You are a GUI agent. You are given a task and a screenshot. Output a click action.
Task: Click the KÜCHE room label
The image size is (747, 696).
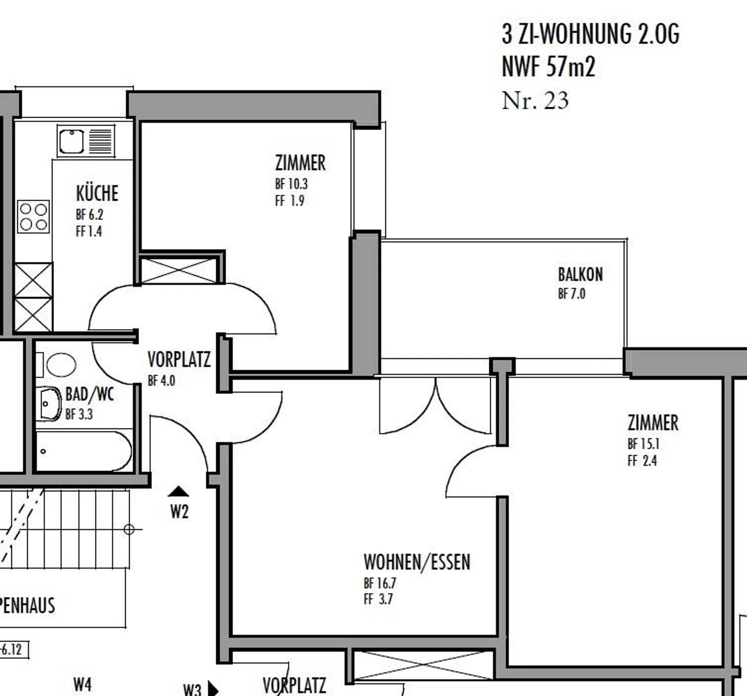tap(97, 193)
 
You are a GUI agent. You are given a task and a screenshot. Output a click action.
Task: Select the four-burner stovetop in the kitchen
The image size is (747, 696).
tap(34, 217)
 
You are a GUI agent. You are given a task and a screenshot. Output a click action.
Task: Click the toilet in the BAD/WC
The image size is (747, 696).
tap(61, 365)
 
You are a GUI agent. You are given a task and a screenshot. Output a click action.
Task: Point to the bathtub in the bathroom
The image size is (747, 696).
tap(83, 451)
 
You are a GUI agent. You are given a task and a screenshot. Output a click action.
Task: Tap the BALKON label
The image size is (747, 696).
tap(580, 274)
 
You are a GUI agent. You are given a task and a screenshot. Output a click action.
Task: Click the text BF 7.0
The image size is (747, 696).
tap(571, 294)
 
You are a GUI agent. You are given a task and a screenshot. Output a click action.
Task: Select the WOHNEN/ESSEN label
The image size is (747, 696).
tap(417, 562)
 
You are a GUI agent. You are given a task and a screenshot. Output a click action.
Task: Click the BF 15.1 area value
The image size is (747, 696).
tap(643, 444)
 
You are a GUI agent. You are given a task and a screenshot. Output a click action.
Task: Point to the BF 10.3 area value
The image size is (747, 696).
tap(291, 184)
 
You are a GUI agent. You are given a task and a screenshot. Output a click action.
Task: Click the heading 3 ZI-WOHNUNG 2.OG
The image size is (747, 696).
tap(590, 34)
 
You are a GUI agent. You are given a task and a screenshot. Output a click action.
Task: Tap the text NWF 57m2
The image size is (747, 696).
tap(548, 67)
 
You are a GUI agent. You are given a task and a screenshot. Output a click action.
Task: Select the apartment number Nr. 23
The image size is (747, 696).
tap(535, 101)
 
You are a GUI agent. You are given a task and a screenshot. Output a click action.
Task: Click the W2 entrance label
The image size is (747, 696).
tap(179, 512)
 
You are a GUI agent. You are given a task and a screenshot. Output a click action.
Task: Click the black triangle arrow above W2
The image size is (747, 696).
tap(179, 491)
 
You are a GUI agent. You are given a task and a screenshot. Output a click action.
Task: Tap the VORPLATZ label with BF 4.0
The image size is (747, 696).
tap(179, 360)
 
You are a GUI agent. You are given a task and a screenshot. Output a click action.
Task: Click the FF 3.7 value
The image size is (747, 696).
tap(378, 600)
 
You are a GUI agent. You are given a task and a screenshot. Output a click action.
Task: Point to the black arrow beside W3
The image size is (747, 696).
tap(213, 689)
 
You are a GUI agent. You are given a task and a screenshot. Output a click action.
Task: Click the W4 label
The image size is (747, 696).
tap(82, 685)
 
